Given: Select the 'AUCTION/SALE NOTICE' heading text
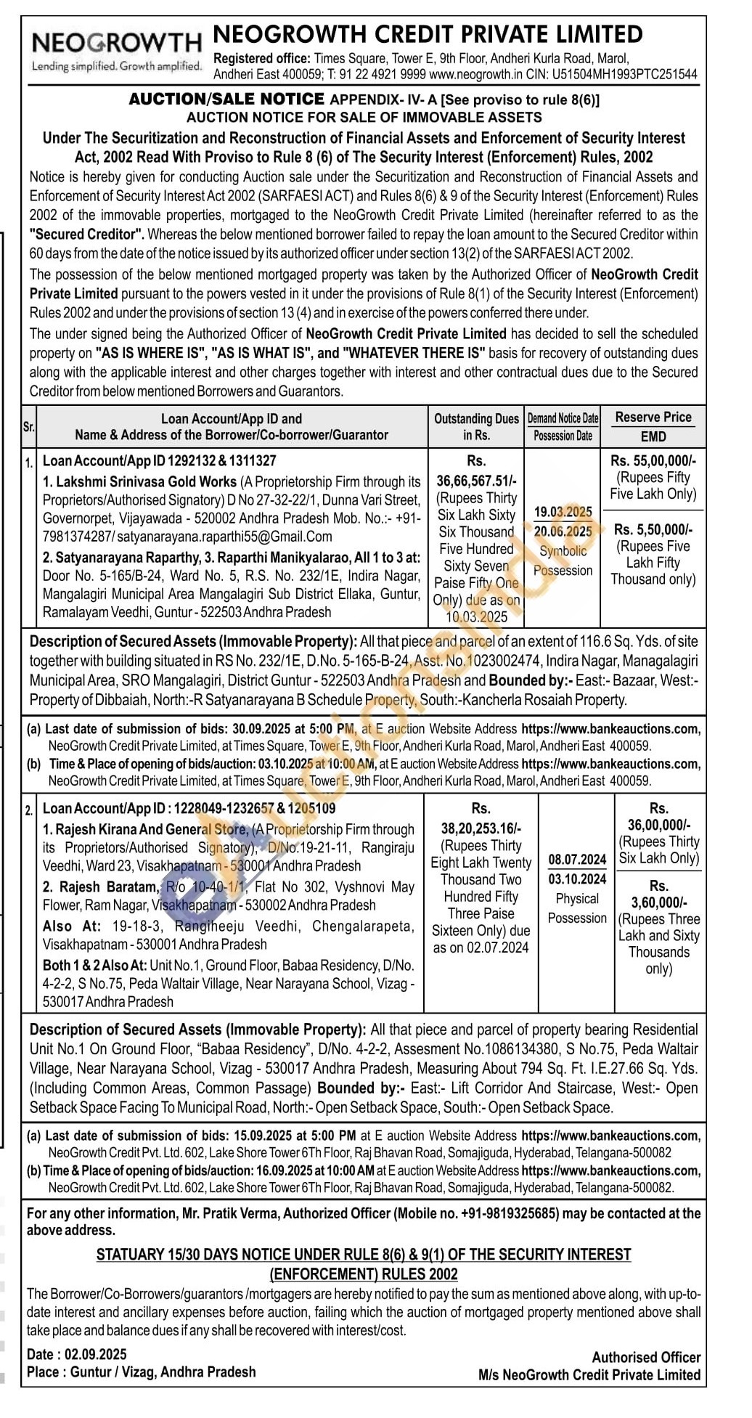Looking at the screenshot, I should pos(226,99).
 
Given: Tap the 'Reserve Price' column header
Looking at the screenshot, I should pos(653,417).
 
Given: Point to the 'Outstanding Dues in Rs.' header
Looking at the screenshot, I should pos(476,427).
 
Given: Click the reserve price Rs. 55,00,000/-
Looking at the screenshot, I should pos(653,460).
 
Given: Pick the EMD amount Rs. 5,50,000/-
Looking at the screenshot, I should pos(653,529).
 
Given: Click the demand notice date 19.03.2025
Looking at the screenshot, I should pos(563,512).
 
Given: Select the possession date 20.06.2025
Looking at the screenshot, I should pos(563,531).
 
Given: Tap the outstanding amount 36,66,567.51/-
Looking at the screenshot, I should pos(476,480).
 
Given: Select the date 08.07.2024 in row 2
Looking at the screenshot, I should pos(577,860).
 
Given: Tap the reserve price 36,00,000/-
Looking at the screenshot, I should pos(658,825).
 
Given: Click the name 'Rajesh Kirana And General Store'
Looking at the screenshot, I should pos(155,829).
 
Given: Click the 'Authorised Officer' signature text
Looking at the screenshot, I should pos(646,1357).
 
